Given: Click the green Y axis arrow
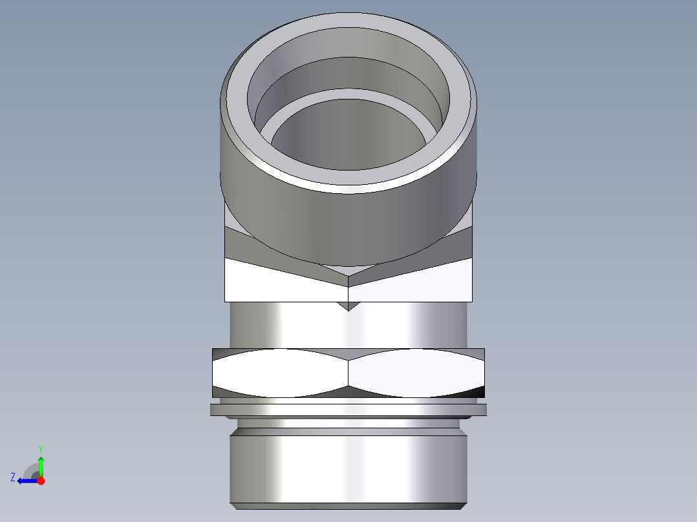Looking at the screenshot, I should pyautogui.click(x=41, y=465).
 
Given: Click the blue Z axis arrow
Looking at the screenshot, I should pyautogui.click(x=25, y=481).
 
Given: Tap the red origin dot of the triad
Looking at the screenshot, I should pyautogui.click(x=41, y=481).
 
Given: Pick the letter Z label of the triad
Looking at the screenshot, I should pyautogui.click(x=13, y=477).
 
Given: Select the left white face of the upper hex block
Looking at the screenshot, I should pyautogui.click(x=284, y=284).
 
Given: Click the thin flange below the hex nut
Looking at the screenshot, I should pyautogui.click(x=348, y=410).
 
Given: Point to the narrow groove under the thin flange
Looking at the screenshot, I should pyautogui.click(x=348, y=423).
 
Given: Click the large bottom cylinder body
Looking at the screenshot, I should pyautogui.click(x=348, y=468).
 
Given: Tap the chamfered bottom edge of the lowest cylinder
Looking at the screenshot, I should pyautogui.click(x=348, y=506).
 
